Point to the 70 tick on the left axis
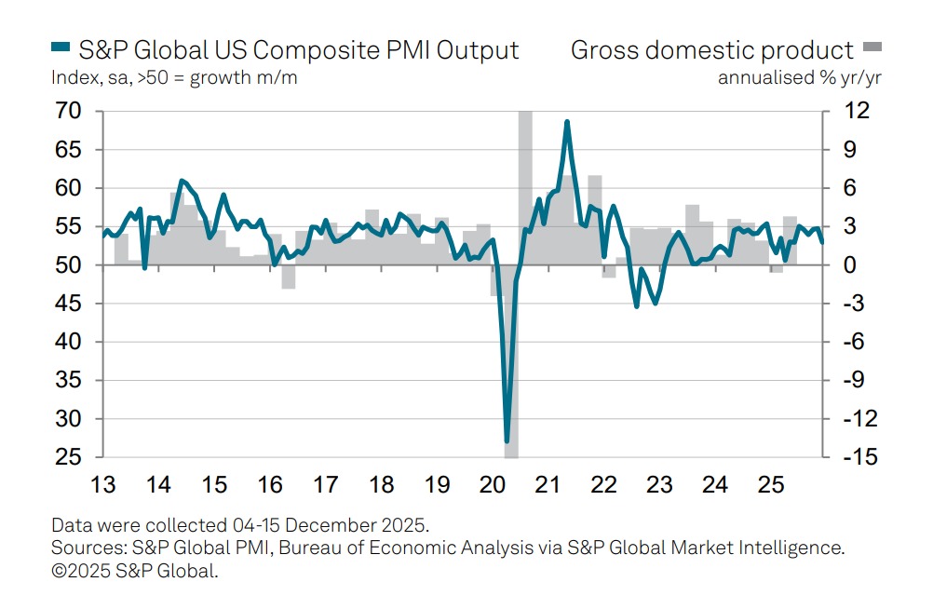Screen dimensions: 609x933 [x=70, y=111]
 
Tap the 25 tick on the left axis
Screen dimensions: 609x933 [x=70, y=458]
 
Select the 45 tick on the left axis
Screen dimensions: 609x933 [x=70, y=304]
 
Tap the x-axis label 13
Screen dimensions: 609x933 [x=102, y=485]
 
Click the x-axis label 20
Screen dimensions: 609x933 [x=492, y=485]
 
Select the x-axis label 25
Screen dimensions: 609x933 [x=770, y=485]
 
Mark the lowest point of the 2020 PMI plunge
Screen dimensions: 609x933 [x=507, y=440]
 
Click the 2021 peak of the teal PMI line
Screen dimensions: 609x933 [x=566, y=122]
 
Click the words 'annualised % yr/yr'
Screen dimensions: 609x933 [x=799, y=77]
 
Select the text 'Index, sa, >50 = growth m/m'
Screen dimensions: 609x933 [x=175, y=77]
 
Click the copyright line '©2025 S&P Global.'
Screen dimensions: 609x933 [x=135, y=571]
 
